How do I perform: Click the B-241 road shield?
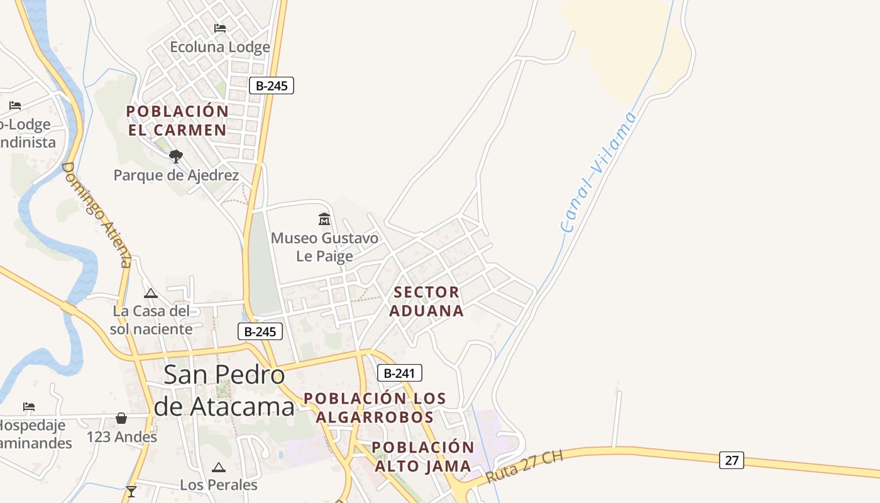pos(399,373)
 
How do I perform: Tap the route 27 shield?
pos(732,460)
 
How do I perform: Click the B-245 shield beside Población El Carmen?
pos(272,86)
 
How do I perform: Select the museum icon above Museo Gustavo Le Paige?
pos(324,219)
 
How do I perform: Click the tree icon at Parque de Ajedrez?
pos(176,156)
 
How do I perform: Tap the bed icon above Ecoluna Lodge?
pos(220,28)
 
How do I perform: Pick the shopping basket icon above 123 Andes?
pos(121,418)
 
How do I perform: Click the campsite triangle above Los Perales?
pos(218,467)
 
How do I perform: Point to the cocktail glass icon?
pos(131,491)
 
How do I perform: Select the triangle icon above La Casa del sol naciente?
pos(151,293)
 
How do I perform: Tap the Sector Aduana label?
pos(427,301)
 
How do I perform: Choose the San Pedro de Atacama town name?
pos(224,390)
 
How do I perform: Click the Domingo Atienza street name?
pos(97,214)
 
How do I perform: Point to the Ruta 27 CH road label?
pos(524,465)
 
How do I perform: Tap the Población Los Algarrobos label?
pos(375,407)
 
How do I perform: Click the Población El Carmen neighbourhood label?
pos(177,120)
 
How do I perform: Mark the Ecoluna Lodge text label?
pos(220,47)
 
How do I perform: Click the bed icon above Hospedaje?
pos(29,407)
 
